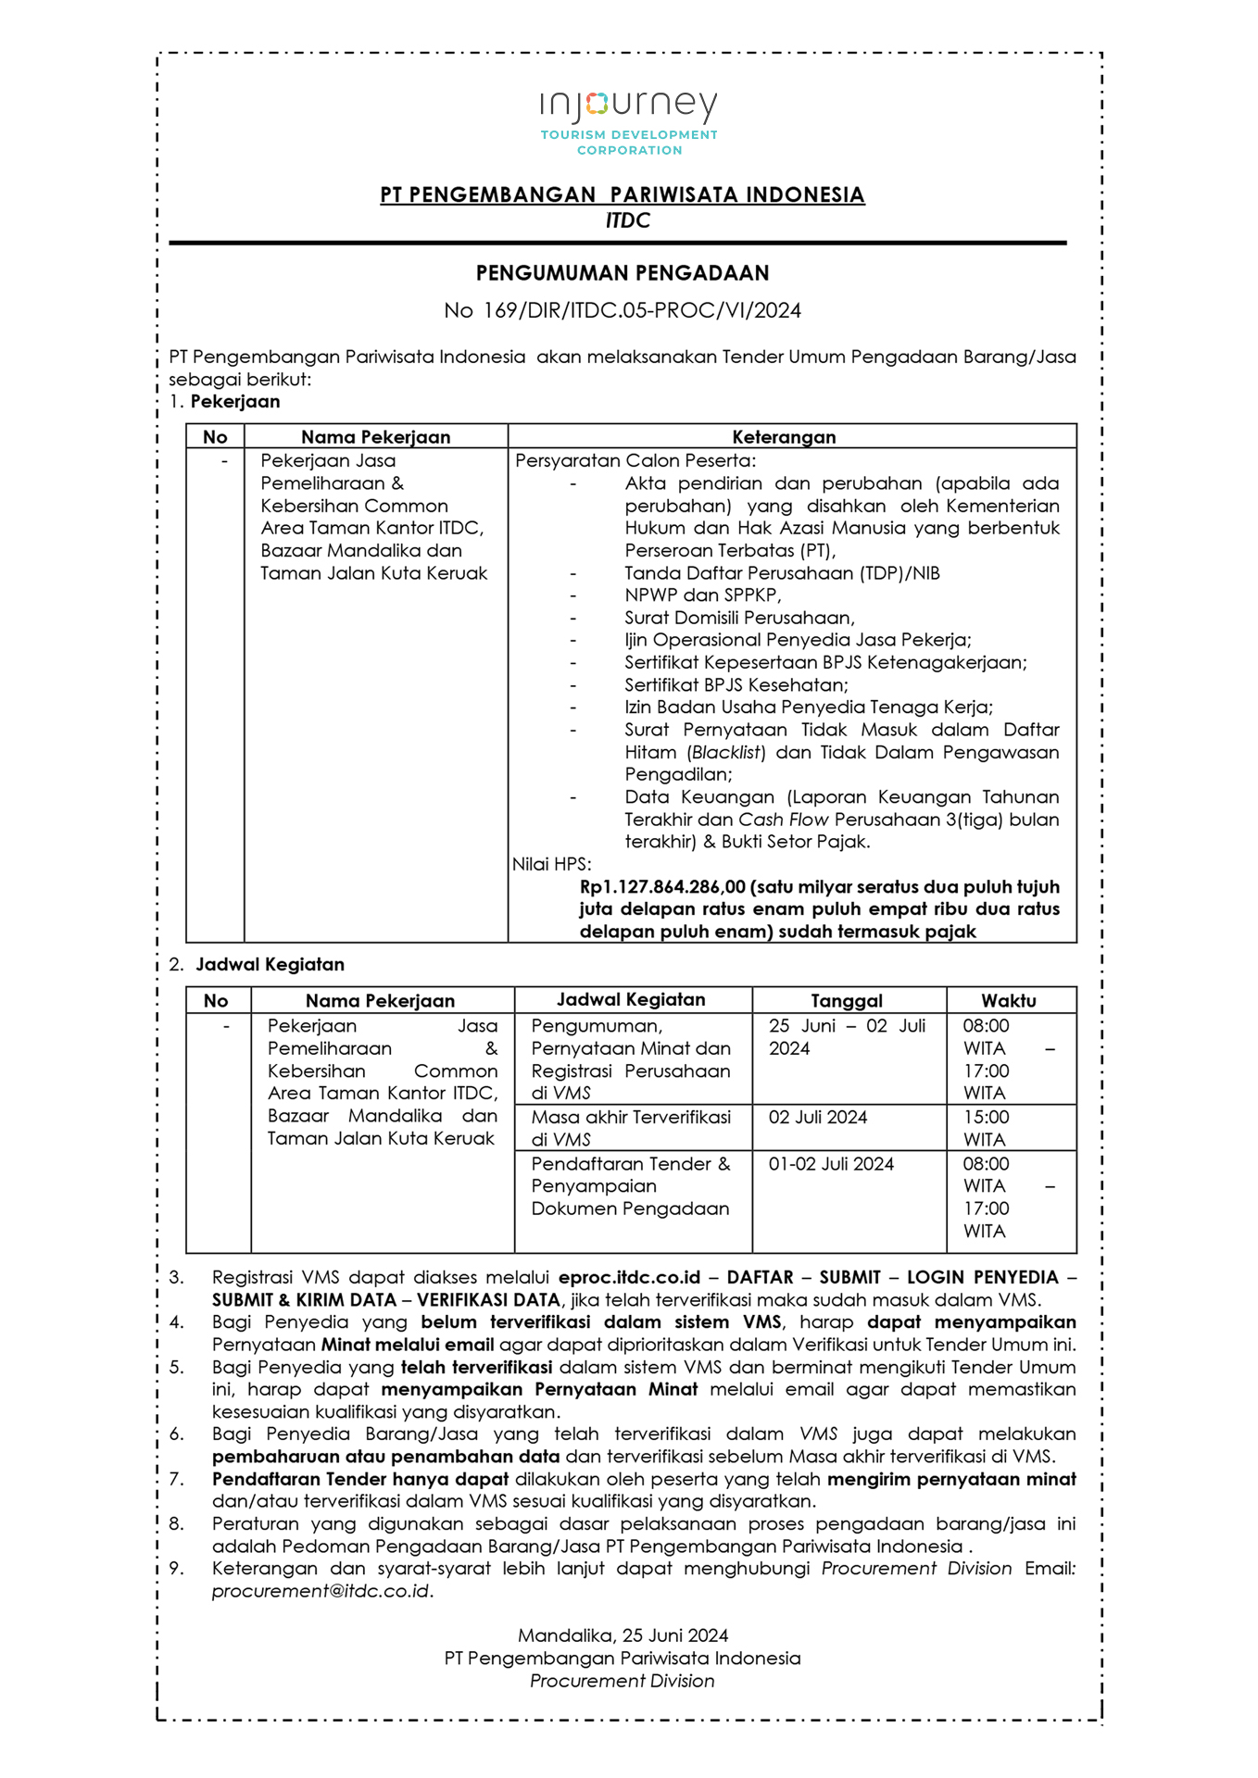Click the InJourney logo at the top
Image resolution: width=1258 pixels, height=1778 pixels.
(x=629, y=121)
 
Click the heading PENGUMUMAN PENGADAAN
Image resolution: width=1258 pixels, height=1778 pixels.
(x=623, y=273)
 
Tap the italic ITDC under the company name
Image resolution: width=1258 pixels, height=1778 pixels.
(x=628, y=220)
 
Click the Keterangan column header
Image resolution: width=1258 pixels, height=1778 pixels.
(x=784, y=437)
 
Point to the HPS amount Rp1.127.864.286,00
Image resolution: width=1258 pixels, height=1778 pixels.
(x=662, y=887)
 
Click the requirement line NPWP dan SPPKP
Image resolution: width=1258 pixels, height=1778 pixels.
(x=702, y=595)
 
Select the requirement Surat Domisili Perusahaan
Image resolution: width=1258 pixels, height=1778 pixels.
(x=739, y=618)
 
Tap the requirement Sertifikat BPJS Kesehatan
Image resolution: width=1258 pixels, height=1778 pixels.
(x=736, y=685)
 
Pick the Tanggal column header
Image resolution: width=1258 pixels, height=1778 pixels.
(x=847, y=1001)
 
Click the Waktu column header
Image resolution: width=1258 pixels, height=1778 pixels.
(x=1009, y=1001)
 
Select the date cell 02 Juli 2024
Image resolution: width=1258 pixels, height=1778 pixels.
(x=818, y=1118)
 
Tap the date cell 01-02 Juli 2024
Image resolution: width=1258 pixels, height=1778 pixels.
(x=831, y=1164)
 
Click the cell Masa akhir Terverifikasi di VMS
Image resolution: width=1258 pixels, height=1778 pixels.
(x=631, y=1128)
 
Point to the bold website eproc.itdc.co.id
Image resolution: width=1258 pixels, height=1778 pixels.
(x=629, y=1278)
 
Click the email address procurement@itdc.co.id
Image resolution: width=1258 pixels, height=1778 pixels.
(x=321, y=1591)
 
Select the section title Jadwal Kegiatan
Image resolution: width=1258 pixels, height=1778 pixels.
(x=270, y=965)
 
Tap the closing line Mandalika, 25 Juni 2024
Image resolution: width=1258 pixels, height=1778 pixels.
(x=623, y=1635)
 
